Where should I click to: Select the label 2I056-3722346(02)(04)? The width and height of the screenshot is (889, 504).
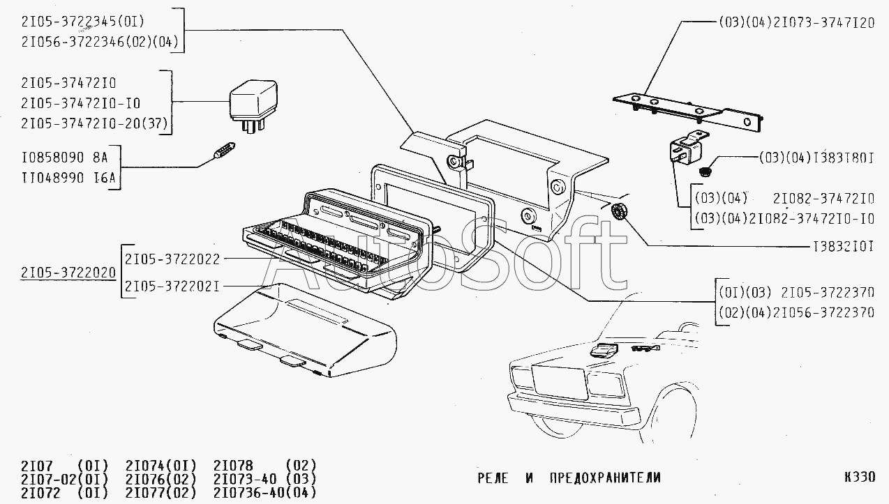[90, 43]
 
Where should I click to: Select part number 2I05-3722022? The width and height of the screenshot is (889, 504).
[172, 259]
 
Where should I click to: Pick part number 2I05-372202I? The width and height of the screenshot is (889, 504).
[172, 286]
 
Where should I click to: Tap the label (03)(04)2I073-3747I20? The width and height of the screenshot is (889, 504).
[795, 22]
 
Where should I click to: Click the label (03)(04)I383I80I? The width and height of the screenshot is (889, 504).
[816, 158]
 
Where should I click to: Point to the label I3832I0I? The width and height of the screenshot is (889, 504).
[842, 246]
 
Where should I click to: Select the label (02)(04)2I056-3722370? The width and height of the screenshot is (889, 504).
[795, 313]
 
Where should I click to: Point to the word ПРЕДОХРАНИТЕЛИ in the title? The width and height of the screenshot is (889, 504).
[604, 478]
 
